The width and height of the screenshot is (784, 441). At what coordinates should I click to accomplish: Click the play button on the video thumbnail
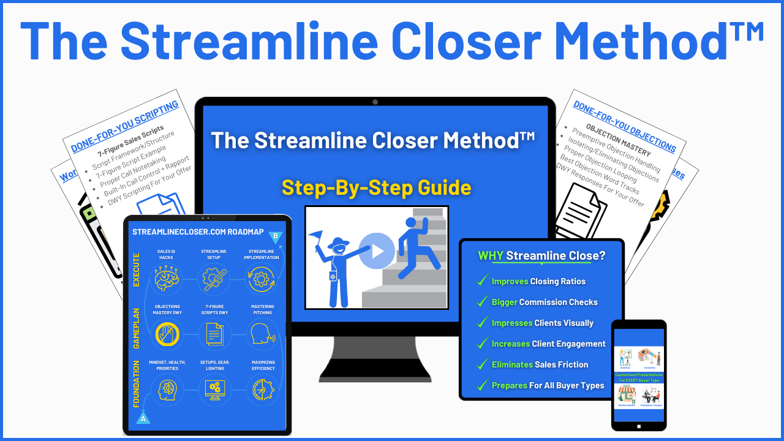click(377, 251)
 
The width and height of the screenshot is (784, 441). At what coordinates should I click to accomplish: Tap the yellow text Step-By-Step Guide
click(376, 187)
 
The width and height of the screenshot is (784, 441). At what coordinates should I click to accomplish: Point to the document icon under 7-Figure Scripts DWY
click(214, 334)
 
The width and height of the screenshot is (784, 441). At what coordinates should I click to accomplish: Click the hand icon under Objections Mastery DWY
click(166, 334)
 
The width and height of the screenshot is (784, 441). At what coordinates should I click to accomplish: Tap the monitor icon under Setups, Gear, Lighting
click(214, 390)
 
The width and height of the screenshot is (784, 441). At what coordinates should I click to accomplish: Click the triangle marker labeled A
click(143, 418)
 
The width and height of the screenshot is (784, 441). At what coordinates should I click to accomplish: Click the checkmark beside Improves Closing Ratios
click(482, 281)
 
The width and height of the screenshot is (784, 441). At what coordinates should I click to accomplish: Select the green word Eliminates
click(512, 364)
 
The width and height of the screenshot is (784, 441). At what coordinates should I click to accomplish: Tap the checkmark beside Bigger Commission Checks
click(482, 302)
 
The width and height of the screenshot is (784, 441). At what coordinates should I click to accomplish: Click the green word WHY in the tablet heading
click(491, 255)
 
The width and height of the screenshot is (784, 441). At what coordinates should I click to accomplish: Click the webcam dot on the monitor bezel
click(375, 102)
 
